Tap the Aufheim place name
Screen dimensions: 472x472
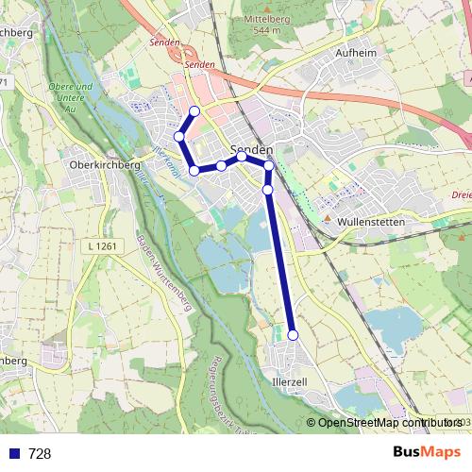click(x=356, y=54)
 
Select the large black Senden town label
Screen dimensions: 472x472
click(x=252, y=150)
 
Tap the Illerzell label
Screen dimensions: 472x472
click(x=290, y=383)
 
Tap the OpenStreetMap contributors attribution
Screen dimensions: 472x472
click(x=387, y=423)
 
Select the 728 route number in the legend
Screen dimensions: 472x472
click(x=40, y=454)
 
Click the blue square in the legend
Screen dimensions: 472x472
click(x=15, y=454)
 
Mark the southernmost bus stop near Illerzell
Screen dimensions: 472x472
click(x=293, y=334)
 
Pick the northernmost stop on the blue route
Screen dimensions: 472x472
click(x=194, y=111)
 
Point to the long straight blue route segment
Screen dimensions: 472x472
click(x=280, y=264)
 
